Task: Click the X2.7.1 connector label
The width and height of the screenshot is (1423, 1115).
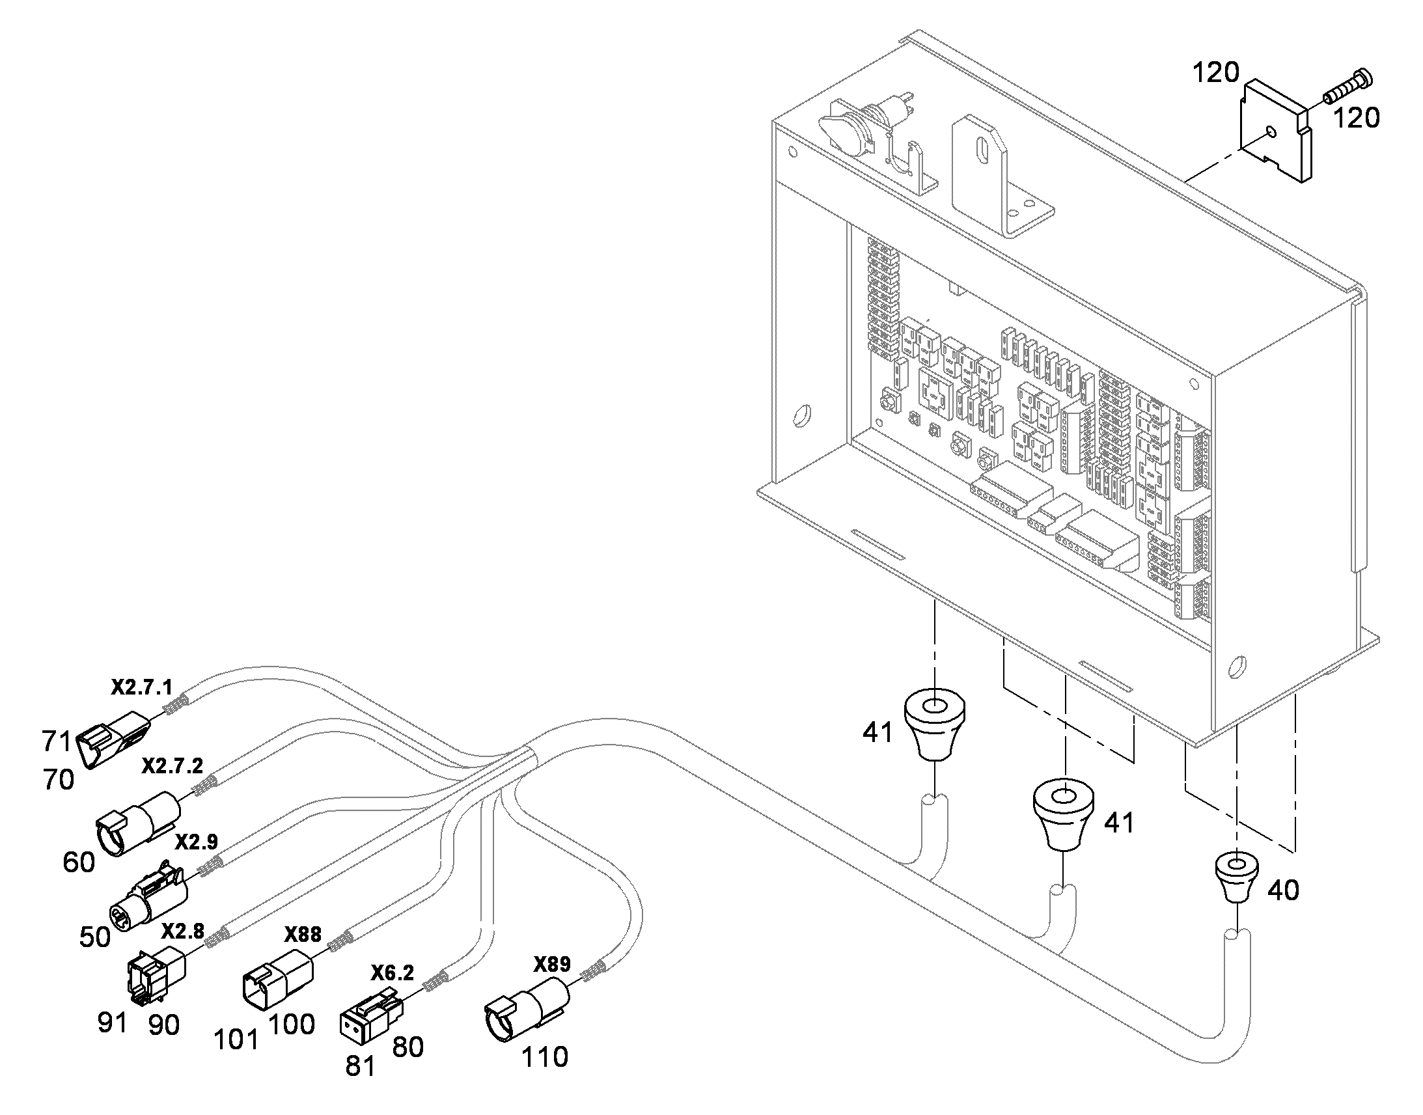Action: point(142,687)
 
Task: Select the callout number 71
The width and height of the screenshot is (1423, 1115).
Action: point(57,741)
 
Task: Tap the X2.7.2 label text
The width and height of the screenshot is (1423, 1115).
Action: point(173,765)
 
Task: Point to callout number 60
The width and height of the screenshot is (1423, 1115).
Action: point(79,862)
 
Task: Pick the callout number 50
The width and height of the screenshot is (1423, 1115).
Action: point(94,937)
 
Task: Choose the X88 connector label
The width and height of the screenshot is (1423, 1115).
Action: point(303,935)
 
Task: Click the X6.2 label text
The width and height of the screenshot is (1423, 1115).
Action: point(393,973)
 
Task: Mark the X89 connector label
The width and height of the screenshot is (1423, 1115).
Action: point(552,964)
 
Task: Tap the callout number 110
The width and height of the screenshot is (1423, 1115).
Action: point(544,1057)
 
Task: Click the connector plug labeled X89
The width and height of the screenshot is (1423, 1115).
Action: point(526,1010)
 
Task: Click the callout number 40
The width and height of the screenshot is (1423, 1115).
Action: point(1282,890)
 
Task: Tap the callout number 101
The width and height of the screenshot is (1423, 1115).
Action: point(236,1040)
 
